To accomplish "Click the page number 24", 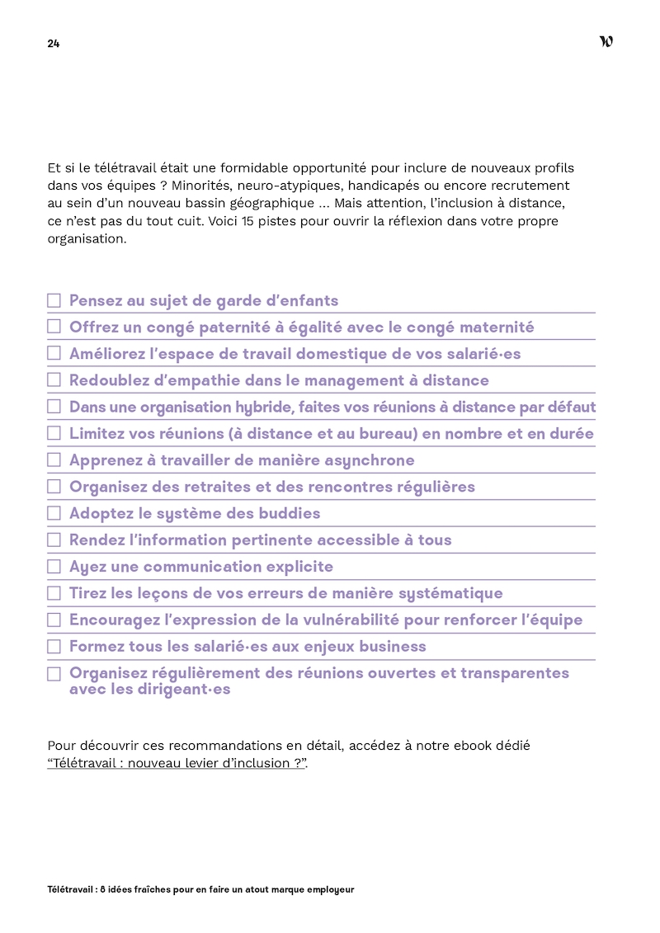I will point(53,44).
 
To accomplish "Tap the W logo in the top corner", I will point(606,42).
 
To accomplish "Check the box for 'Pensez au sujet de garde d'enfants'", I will point(54,301).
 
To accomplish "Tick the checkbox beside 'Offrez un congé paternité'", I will point(54,327).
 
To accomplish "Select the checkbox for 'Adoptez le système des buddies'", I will point(54,513).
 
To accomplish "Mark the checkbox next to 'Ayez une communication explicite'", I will point(54,567).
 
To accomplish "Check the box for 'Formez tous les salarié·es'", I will point(54,647).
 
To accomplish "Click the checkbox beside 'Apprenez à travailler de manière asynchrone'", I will point(54,460).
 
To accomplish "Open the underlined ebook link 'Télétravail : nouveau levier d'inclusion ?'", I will point(177,763).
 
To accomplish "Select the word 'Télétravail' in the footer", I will point(71,890).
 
